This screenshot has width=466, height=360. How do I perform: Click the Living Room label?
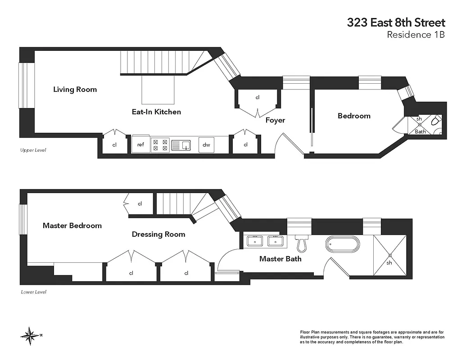coord(75,89)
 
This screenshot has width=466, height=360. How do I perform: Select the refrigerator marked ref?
coord(140,145)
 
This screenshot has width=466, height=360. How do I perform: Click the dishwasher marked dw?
coord(206,145)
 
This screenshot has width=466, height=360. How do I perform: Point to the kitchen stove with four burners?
coord(160,145)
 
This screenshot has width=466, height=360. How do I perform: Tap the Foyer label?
coord(275,120)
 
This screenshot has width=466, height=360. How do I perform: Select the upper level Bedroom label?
coord(354,116)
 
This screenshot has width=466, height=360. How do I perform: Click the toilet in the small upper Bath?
coord(435,122)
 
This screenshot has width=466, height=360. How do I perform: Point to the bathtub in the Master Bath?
coord(343,245)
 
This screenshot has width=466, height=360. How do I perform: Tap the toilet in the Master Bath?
coord(300,243)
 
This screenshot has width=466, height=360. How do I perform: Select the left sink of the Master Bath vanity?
coord(256,241)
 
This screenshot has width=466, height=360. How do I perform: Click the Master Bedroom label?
coord(72,225)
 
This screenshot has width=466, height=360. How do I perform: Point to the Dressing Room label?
coord(158,234)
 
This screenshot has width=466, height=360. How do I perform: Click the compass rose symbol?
coord(30,335)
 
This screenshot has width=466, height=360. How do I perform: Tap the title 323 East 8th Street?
coord(396,22)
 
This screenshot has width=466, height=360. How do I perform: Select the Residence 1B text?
coord(416,35)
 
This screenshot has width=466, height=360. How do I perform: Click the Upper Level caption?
coord(33,150)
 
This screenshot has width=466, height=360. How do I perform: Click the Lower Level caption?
coord(33,292)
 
